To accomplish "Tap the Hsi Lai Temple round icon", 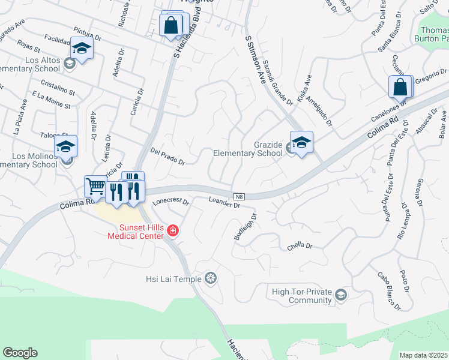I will point(210,278).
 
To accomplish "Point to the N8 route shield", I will point(239,196).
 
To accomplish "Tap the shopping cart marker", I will point(95,187).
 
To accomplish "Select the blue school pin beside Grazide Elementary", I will point(301,143).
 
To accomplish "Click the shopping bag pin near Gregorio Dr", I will point(400,88).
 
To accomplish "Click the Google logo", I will point(20,353).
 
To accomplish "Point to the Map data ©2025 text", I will point(424,355).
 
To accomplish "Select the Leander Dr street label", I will point(224,202).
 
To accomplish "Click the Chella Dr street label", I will point(300,245).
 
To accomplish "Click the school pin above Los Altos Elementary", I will point(82,48).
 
